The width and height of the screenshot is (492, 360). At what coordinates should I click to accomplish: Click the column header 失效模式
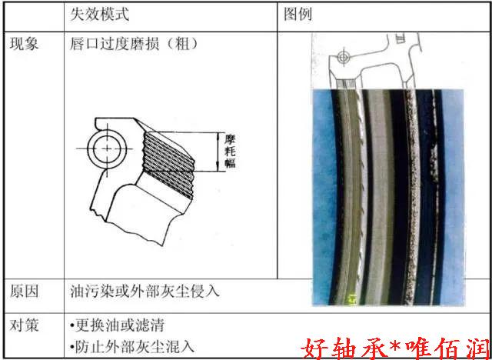point(99,15)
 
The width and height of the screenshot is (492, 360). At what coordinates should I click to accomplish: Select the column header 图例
point(298,15)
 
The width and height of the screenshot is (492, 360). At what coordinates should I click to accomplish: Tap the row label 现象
point(24,44)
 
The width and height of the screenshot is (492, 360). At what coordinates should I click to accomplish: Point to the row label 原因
point(24,292)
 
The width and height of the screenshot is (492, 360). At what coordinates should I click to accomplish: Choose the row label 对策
point(24,325)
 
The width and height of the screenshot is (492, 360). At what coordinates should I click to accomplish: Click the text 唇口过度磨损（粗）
point(135,44)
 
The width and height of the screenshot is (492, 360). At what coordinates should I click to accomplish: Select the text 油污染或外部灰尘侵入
point(145,292)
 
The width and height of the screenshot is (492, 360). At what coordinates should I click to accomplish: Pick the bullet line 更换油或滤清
point(118,325)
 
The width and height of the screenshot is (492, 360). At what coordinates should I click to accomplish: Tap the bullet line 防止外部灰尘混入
point(132,347)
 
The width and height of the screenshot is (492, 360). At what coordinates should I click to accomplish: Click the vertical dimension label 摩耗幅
point(230,152)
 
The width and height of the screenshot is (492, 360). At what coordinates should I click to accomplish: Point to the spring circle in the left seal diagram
point(107,148)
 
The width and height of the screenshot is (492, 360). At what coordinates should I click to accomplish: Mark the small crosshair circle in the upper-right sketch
point(344,58)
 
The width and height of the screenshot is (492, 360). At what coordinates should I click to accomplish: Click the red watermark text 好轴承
point(344,348)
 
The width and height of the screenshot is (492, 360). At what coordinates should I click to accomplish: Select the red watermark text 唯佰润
point(447,348)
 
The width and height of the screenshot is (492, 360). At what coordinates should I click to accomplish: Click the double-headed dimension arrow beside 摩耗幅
point(218,152)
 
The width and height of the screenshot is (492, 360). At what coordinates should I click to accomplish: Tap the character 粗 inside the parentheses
point(182,44)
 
